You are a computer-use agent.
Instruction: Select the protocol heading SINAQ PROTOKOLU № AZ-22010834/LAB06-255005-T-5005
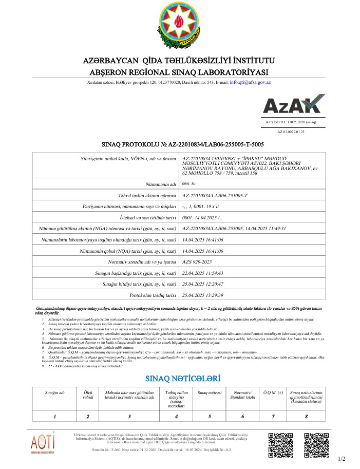176,144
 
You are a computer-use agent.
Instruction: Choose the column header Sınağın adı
54,392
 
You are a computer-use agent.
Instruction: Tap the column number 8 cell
306,417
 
